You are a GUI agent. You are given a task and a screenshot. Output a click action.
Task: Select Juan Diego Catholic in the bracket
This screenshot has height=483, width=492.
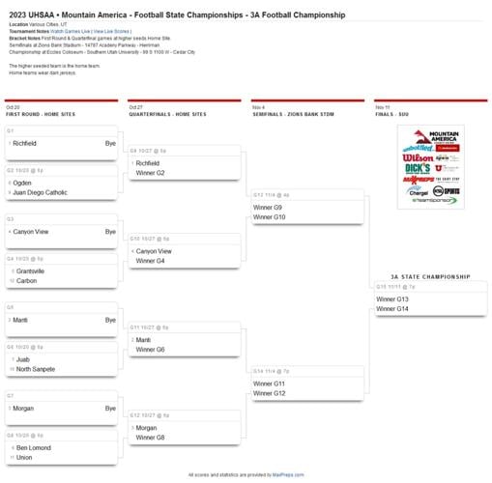click(x=42, y=192)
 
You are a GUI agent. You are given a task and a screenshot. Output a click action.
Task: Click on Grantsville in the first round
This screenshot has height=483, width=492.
click(x=30, y=271)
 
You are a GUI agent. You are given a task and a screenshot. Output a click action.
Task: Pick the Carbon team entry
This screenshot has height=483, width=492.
click(x=26, y=281)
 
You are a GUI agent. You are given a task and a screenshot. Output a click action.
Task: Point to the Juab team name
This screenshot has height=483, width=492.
click(x=23, y=359)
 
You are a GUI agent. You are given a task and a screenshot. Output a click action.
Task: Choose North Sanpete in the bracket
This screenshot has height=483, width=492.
click(x=36, y=369)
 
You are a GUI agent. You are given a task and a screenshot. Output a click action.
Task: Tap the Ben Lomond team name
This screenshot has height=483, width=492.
click(x=33, y=447)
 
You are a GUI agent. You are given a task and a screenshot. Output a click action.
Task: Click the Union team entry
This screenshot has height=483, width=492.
click(x=24, y=457)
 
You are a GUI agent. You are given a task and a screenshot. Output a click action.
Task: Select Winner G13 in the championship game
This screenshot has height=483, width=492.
click(x=391, y=299)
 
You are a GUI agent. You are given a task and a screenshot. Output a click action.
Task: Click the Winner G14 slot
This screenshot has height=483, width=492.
click(x=391, y=309)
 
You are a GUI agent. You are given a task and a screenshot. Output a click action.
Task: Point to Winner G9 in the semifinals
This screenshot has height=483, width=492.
click(x=268, y=208)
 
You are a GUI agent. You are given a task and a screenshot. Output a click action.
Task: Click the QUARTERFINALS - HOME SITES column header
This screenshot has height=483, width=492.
click(x=167, y=114)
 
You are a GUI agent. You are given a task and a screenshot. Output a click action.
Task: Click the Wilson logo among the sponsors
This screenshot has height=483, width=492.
click(x=418, y=156)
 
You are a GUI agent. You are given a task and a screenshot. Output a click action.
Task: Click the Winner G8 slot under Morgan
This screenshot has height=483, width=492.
click(x=150, y=438)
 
